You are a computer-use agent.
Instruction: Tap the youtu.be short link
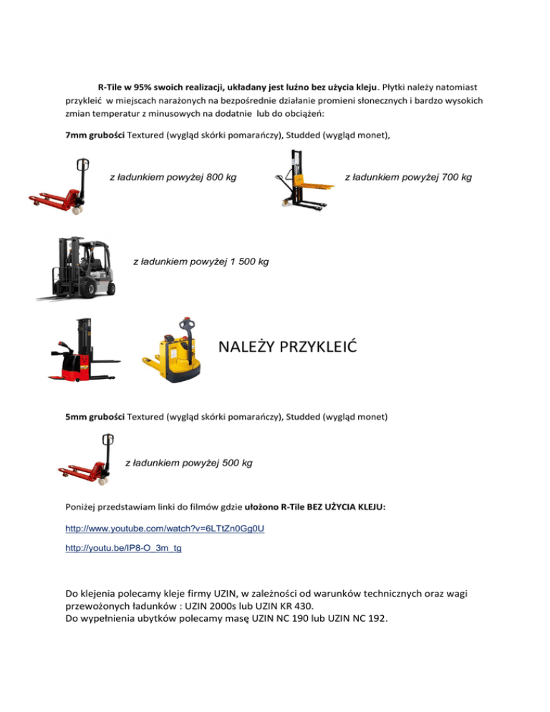pos(122,548)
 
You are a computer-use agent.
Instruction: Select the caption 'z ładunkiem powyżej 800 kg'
pos(173,176)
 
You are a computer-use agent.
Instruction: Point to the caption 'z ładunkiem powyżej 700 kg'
pos(408,176)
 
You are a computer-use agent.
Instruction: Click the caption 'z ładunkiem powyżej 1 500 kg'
pos(201,262)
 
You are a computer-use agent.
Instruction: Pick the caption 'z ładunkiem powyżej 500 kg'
pos(188,463)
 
